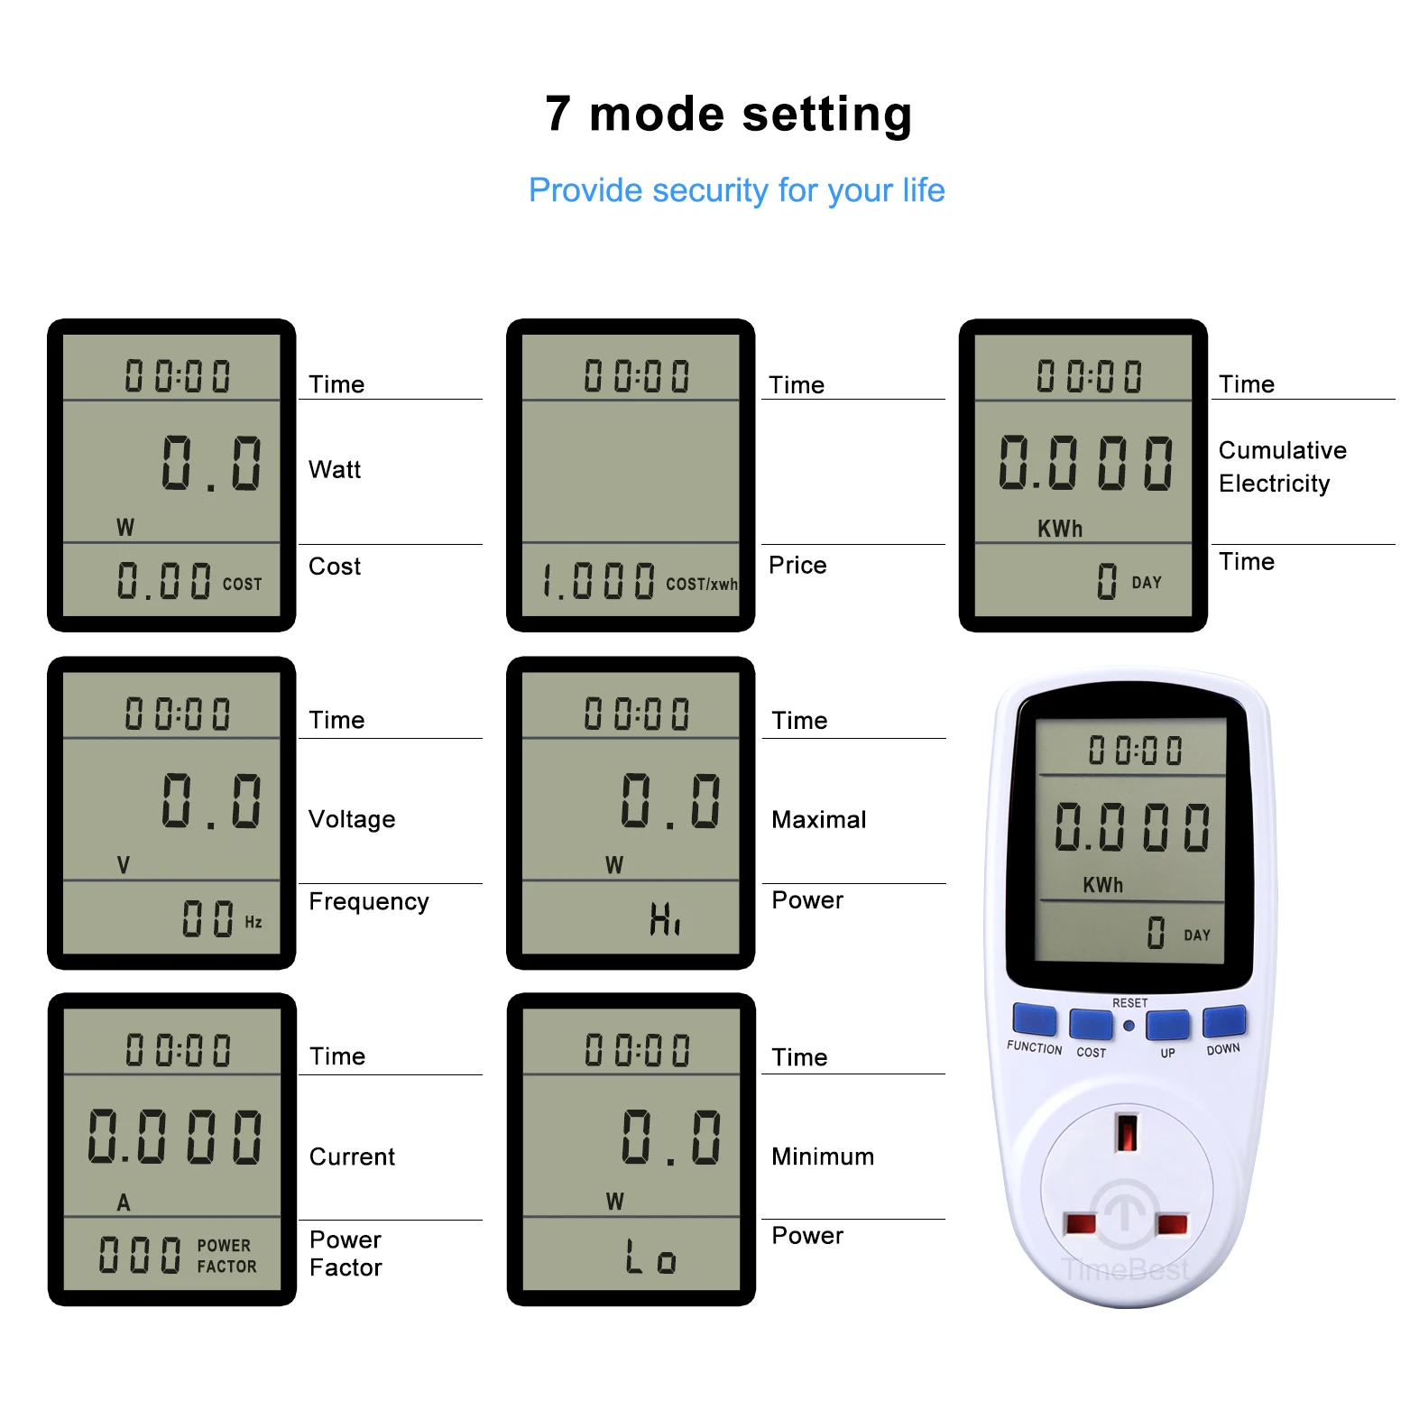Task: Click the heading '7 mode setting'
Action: point(728,115)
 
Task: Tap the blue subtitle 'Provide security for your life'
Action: point(736,190)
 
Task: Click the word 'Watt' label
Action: point(335,469)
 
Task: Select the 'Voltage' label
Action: point(352,819)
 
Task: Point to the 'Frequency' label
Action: point(368,901)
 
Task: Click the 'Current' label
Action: point(352,1157)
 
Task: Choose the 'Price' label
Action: point(797,565)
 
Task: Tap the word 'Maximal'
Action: point(818,819)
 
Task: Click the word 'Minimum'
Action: point(823,1157)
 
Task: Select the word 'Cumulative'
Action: point(1282,450)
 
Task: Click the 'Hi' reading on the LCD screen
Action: point(665,919)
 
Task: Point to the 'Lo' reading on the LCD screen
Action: point(650,1257)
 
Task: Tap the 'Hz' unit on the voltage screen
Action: point(253,922)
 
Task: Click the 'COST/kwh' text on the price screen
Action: point(702,584)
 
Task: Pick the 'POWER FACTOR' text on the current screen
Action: point(226,1256)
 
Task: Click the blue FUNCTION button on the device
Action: point(1035,1019)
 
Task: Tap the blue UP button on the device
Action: point(1167,1025)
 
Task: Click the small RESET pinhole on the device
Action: point(1129,1026)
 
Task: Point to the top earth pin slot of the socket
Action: point(1127,1132)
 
